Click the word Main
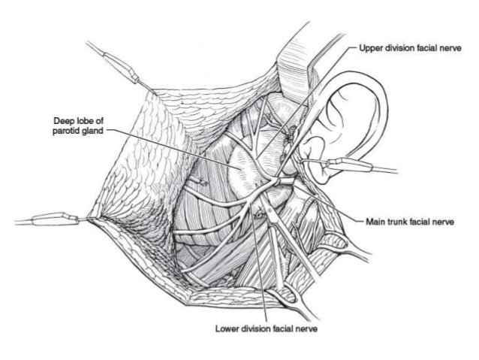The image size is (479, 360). (375, 222)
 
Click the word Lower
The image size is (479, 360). (227, 329)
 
